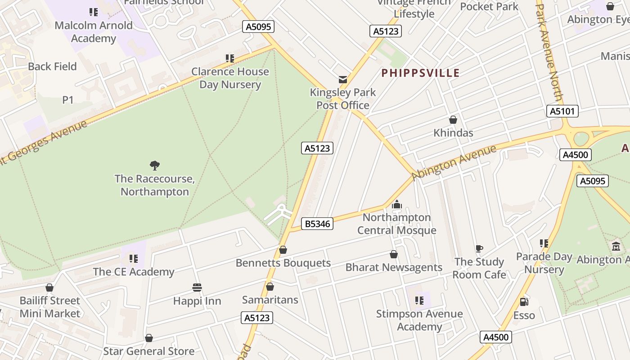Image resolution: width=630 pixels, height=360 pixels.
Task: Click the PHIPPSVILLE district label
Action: [420, 73]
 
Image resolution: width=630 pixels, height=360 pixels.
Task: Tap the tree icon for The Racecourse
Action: [155, 166]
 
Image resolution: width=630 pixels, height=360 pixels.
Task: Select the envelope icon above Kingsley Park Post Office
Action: [343, 80]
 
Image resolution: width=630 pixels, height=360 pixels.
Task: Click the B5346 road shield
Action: [317, 224]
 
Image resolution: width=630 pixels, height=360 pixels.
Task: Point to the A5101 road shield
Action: [562, 111]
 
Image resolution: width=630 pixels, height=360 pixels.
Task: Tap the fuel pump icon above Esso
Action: [524, 302]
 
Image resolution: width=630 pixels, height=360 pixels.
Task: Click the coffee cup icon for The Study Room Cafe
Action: [479, 248]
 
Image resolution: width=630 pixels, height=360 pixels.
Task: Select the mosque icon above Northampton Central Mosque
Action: [396, 205]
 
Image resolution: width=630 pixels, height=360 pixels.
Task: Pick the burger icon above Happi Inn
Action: [197, 288]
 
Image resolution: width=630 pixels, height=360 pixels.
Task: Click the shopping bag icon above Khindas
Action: [453, 120]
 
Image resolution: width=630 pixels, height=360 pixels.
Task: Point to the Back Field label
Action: [52, 67]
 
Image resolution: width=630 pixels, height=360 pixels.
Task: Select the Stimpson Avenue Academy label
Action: [419, 320]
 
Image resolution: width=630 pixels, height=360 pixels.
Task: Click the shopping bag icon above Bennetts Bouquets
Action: [283, 250]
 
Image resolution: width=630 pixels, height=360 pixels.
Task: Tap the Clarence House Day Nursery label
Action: [230, 78]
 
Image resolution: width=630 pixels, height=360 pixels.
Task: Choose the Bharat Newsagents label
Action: [394, 267]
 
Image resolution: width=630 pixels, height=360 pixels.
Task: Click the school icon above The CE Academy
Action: [134, 258]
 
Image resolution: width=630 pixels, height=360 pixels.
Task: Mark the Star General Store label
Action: [149, 351]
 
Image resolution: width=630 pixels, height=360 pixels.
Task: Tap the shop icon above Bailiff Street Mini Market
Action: [49, 288]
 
